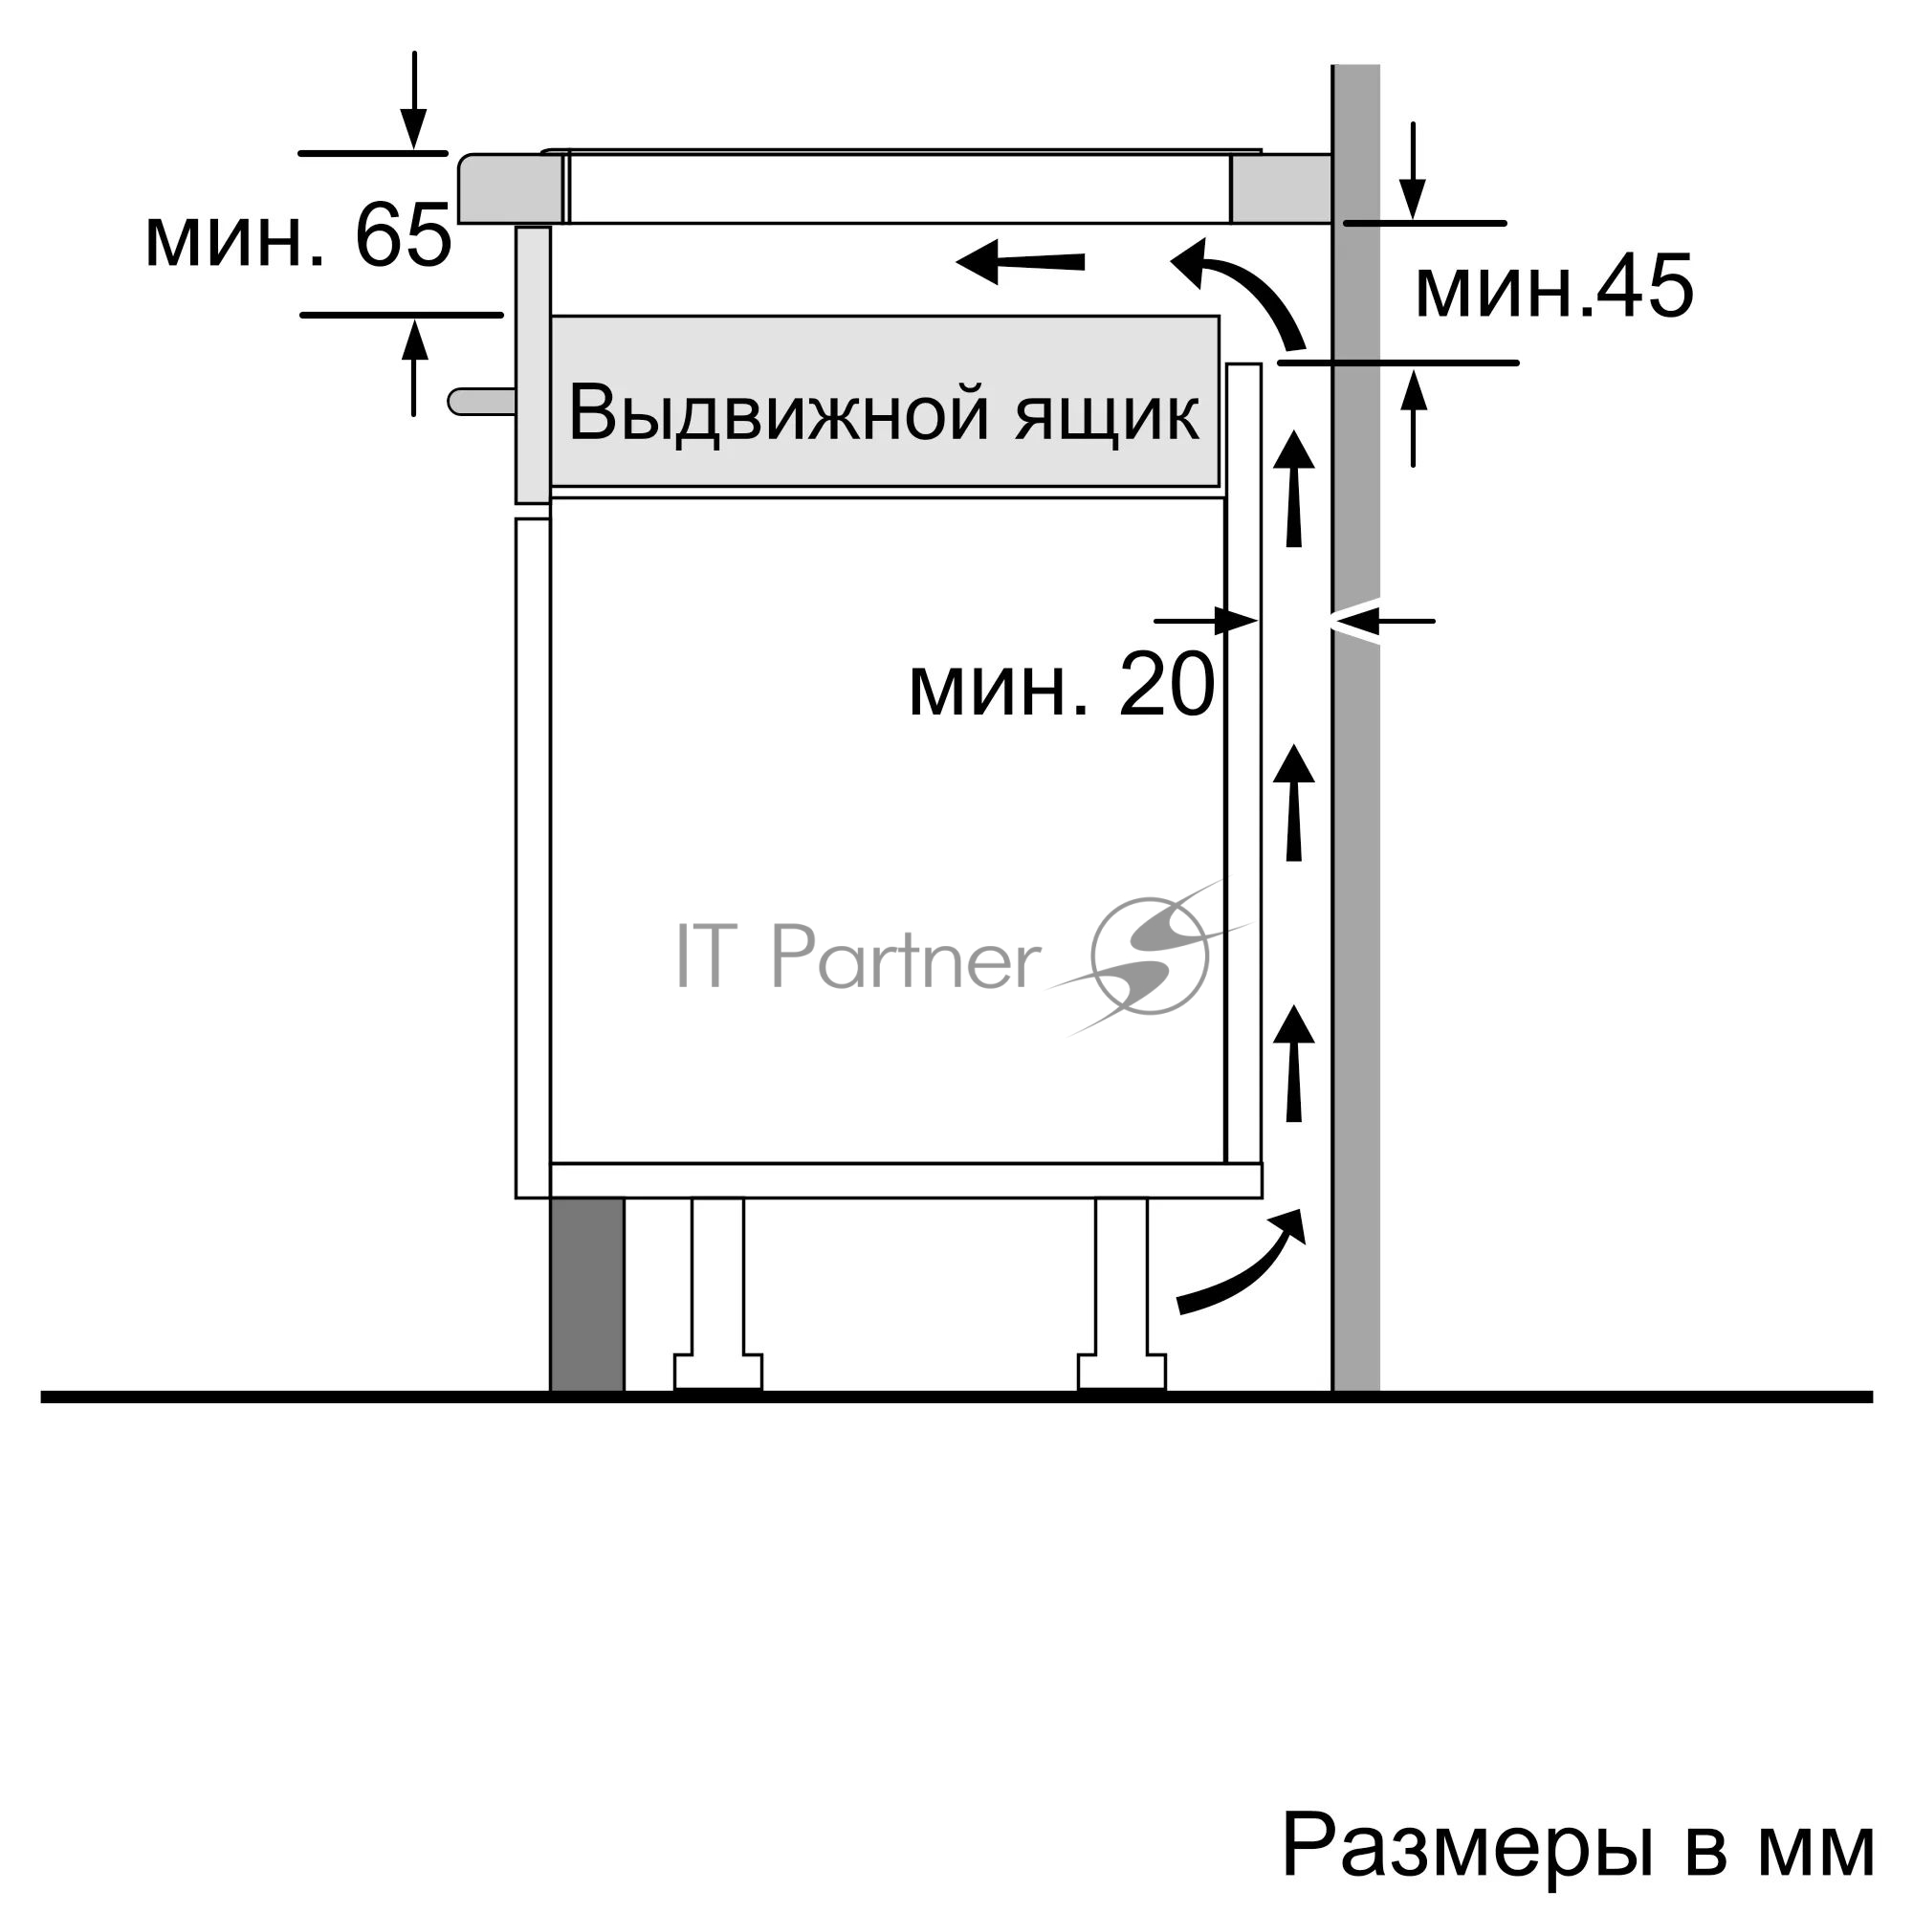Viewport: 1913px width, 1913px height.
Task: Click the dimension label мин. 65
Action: [298, 235]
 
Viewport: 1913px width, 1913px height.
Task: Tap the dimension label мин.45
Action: [1553, 286]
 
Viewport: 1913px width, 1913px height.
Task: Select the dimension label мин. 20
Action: [1062, 684]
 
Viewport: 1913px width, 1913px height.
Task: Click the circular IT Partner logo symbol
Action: [1149, 956]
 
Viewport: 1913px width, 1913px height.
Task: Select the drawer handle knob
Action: [482, 401]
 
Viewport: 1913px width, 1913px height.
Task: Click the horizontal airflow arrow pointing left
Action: [1021, 262]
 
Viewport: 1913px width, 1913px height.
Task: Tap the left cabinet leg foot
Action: [718, 1372]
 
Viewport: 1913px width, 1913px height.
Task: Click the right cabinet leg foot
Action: [1122, 1372]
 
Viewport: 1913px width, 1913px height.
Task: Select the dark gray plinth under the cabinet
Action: [587, 1294]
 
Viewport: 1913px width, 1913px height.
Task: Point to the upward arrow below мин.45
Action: [1414, 416]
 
